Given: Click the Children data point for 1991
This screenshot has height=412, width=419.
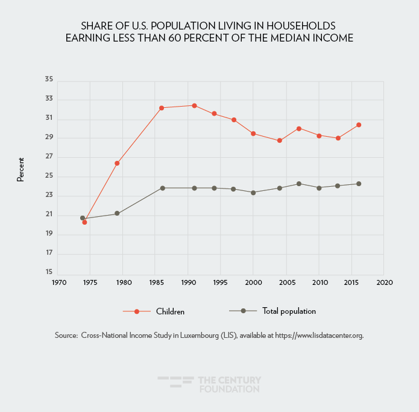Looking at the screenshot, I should pyautogui.click(x=194, y=105).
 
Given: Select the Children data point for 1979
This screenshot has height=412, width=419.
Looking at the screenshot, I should pyautogui.click(x=117, y=163).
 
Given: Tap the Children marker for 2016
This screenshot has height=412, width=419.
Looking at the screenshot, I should pyautogui.click(x=359, y=125).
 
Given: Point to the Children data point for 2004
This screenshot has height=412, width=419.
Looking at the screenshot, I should pyautogui.click(x=280, y=140).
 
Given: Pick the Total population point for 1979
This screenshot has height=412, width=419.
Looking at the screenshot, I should pyautogui.click(x=117, y=213).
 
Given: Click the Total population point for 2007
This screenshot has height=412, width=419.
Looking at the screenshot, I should pyautogui.click(x=299, y=184).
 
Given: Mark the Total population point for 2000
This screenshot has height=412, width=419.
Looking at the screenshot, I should pyautogui.click(x=253, y=193).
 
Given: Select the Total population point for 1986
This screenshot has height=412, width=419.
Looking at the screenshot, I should pyautogui.click(x=162, y=188).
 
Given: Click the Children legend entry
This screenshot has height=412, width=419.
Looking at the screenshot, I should pyautogui.click(x=169, y=311).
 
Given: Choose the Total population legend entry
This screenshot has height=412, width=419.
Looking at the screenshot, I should pyautogui.click(x=289, y=311).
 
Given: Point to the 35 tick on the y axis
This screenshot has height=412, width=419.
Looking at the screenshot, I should pyautogui.click(x=49, y=80).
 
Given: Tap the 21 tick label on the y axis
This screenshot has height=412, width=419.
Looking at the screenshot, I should pyautogui.click(x=49, y=214).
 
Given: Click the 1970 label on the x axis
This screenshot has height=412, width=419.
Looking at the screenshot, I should pyautogui.click(x=58, y=282).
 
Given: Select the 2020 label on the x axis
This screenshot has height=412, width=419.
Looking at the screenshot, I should pyautogui.click(x=384, y=282).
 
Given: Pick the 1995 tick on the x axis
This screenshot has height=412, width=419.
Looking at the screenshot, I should pyautogui.click(x=221, y=282).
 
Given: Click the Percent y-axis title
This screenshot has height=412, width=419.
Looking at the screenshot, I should pyautogui.click(x=20, y=170).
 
